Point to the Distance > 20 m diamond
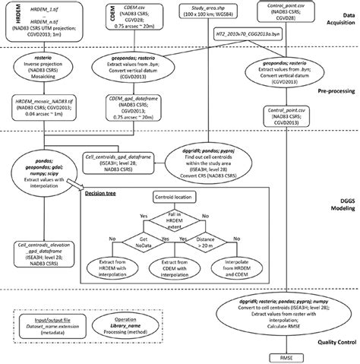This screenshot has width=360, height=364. [x=222, y=242]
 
